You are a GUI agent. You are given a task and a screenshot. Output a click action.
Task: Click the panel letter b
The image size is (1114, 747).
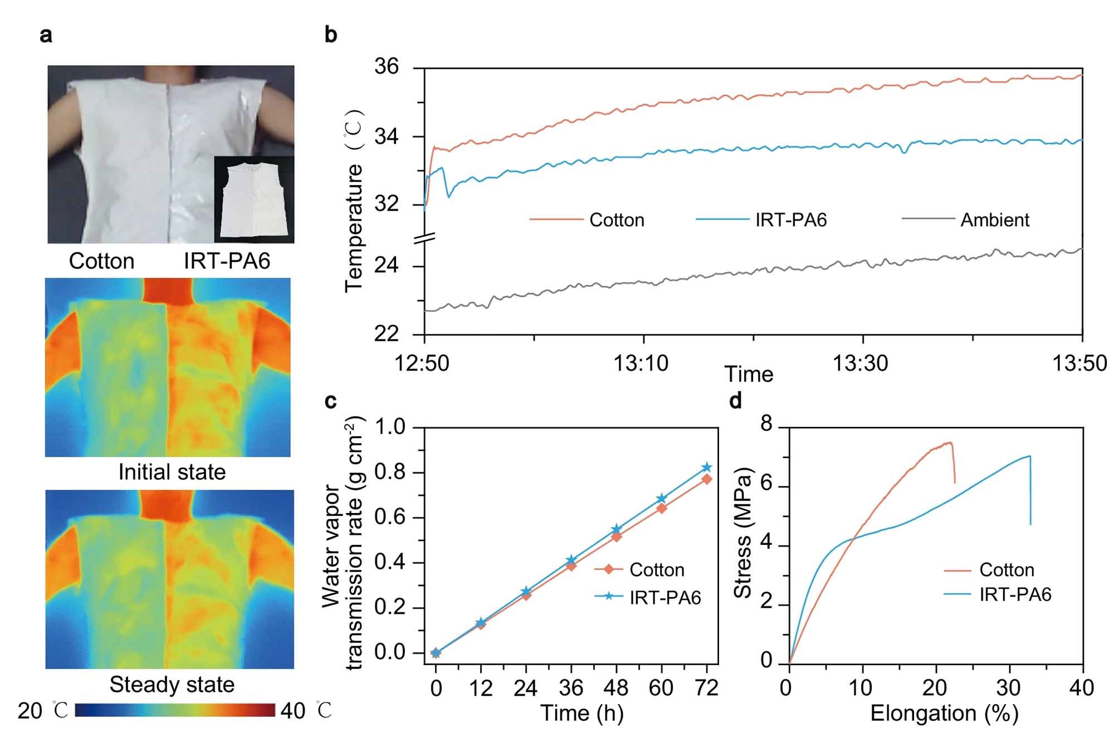click(331, 35)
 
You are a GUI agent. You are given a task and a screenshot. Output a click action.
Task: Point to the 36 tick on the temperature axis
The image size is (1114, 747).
click(387, 67)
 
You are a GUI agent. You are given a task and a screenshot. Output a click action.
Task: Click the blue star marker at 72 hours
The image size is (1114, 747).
click(707, 467)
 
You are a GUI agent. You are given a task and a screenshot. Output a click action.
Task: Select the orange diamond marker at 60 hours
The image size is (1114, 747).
click(662, 508)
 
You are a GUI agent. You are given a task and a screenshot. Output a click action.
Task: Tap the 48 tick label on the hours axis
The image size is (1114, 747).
click(616, 689)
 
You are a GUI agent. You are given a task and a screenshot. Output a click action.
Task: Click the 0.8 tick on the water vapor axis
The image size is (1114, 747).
click(390, 473)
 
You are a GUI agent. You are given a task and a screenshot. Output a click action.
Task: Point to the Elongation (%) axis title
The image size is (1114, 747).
click(944, 714)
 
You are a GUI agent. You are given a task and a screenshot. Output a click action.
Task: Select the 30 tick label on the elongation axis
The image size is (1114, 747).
click(1009, 689)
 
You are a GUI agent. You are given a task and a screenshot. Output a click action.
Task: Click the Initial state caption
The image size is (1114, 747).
click(172, 472)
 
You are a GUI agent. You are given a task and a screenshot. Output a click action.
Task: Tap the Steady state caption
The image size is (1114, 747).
click(172, 685)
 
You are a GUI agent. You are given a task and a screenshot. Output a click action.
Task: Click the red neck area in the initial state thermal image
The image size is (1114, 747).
click(167, 291)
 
